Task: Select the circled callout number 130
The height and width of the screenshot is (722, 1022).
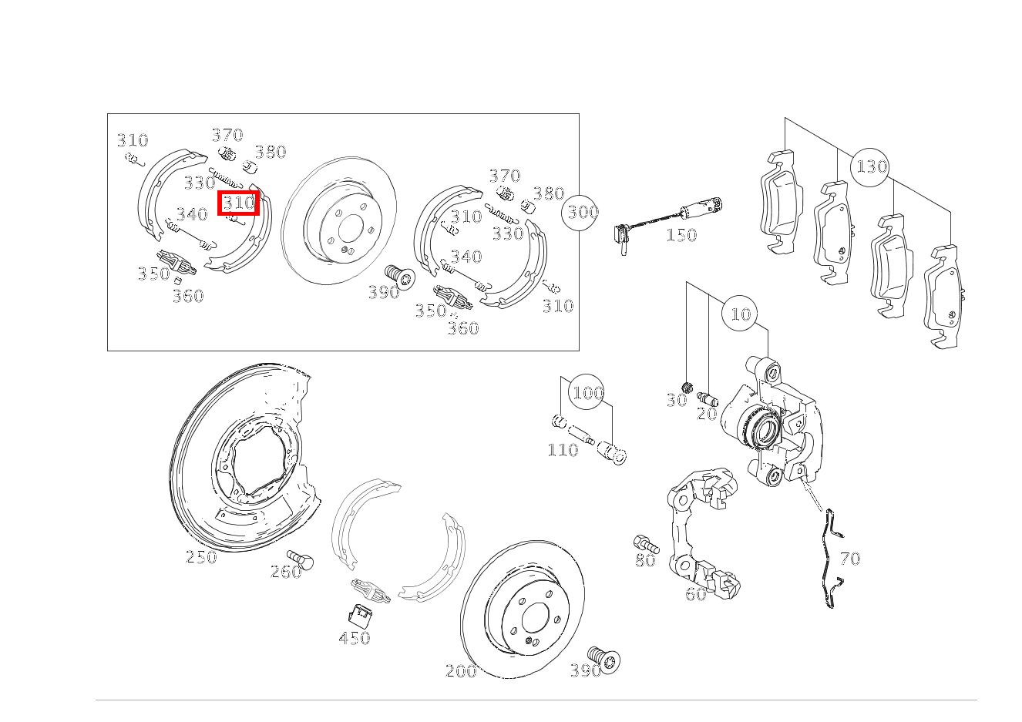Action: click(x=871, y=166)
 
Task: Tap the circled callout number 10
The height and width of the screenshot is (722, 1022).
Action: click(x=740, y=314)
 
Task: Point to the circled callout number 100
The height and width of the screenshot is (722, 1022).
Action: click(x=587, y=393)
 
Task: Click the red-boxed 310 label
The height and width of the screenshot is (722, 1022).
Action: click(x=238, y=203)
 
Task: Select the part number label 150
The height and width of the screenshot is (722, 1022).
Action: click(x=681, y=235)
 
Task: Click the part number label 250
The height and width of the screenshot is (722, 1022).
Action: click(x=201, y=557)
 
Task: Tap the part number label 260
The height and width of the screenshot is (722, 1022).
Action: click(x=285, y=571)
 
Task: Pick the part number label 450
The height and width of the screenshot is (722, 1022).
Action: click(x=354, y=638)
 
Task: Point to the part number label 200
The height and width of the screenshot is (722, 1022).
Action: click(x=461, y=671)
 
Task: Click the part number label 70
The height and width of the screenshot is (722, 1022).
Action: click(x=849, y=559)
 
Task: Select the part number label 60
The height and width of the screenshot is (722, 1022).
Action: click(x=695, y=594)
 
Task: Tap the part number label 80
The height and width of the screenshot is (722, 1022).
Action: click(x=645, y=561)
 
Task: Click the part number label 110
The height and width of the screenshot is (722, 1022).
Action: click(x=562, y=450)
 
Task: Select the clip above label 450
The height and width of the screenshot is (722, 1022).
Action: click(x=360, y=614)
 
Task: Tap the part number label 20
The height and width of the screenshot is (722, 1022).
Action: click(x=706, y=414)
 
